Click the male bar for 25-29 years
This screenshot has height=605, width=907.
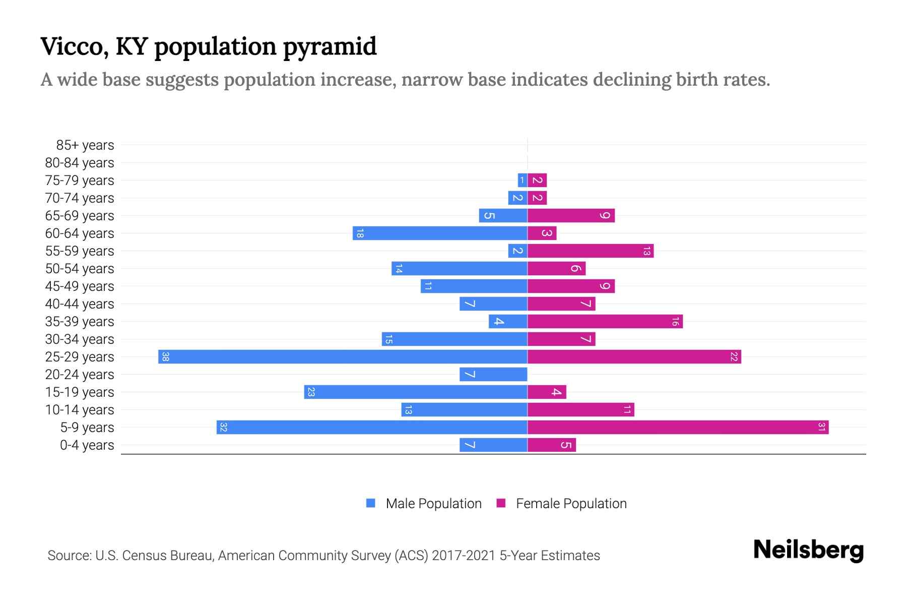pos(343,357)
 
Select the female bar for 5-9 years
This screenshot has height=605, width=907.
pos(678,428)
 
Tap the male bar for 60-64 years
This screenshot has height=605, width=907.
pos(440,233)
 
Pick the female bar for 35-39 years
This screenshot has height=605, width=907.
pos(605,322)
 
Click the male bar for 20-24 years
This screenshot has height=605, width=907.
pos(493,375)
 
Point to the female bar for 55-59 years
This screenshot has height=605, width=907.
pos(591,251)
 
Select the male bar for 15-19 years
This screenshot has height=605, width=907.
pos(416,392)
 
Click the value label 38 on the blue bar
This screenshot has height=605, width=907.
pos(165,357)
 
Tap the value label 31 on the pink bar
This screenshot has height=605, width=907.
pos(821,428)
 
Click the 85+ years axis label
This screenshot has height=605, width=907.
pos(85,145)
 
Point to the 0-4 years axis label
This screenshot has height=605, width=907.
pos(87,445)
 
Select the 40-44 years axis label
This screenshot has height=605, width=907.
pos(80,304)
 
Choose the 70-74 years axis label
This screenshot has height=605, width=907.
pos(80,198)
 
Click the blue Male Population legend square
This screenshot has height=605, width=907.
pos(371,503)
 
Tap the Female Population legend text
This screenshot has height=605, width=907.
pos(571,504)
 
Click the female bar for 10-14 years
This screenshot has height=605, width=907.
pos(580,410)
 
